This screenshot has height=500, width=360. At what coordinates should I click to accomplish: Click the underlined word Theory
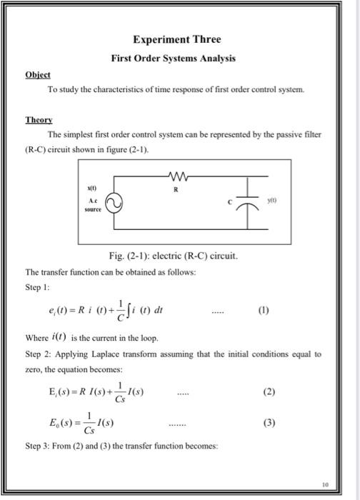(39, 121)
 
